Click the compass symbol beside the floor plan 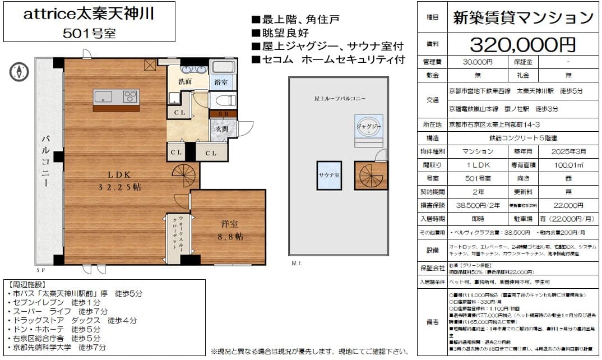pyautogui.click(x=18, y=71)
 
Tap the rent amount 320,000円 pyautogui.click(x=522, y=43)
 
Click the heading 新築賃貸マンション pyautogui.click(x=522, y=18)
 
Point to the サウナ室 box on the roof pyautogui.click(x=329, y=175)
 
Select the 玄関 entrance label pyautogui.click(x=218, y=129)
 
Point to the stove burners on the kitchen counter pyautogui.click(x=131, y=96)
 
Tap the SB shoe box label pyautogui.click(x=219, y=113)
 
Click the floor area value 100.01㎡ pyautogui.click(x=567, y=165)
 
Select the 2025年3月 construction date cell pyautogui.click(x=567, y=151)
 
